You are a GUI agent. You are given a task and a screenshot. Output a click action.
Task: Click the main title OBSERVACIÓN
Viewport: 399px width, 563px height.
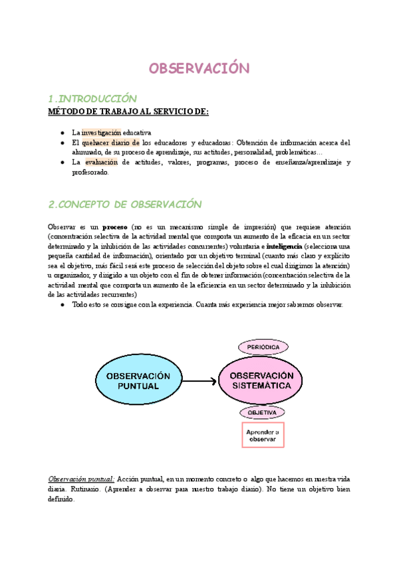point(198,69)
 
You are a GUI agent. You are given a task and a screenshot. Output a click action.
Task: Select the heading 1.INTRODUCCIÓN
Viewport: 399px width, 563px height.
point(93,99)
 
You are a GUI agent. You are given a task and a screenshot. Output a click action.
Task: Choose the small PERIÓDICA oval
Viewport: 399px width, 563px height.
point(262,347)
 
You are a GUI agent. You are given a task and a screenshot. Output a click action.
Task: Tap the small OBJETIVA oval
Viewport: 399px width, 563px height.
point(262,412)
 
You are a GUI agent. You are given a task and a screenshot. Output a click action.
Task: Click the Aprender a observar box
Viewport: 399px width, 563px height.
point(263,436)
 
